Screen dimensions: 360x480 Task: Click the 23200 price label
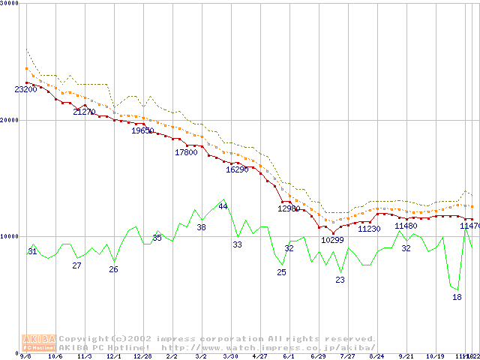click(25, 89)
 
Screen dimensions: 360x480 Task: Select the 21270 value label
click(84, 112)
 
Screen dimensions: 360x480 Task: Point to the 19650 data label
click(142, 130)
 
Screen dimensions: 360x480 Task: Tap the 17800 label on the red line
click(186, 152)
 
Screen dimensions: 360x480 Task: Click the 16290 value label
click(237, 169)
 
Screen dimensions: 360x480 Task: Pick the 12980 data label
click(289, 208)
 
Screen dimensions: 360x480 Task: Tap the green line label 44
click(223, 206)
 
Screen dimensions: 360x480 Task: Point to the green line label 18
click(457, 297)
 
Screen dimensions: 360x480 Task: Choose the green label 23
click(340, 280)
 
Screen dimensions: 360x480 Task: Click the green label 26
click(113, 269)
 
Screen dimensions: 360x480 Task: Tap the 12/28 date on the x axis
click(142, 357)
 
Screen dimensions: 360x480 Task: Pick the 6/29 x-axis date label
click(318, 357)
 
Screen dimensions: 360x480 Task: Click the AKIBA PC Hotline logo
click(39, 342)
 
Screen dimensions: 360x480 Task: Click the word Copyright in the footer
click(83, 338)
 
